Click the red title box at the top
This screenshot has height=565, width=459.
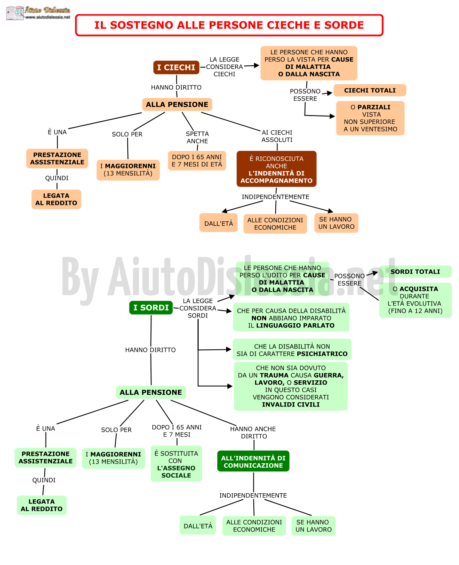[229, 25]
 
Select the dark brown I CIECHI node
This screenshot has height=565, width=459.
[176, 67]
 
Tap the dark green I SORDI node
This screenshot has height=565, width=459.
[151, 308]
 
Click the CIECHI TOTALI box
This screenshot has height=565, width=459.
[370, 91]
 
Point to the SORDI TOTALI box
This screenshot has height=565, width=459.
[415, 272]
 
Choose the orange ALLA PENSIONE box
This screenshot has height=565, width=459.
[177, 104]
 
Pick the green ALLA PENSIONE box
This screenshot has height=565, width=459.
[151, 392]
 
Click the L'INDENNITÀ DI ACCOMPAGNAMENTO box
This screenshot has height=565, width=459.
[277, 169]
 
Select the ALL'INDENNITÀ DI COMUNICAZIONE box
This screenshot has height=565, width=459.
[253, 461]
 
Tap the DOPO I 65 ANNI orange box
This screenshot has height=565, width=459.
[197, 161]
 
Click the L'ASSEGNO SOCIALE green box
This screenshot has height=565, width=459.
[176, 464]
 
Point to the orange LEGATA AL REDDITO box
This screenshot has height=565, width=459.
[56, 199]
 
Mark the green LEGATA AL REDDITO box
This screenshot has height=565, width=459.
[42, 505]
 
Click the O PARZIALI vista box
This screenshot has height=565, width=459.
[370, 118]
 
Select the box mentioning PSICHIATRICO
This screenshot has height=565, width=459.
[292, 350]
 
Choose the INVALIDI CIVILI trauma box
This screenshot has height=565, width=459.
[291, 386]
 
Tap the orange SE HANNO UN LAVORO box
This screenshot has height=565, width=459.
[336, 223]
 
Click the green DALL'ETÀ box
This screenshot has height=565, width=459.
[198, 526]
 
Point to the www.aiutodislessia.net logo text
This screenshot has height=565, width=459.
[48, 17]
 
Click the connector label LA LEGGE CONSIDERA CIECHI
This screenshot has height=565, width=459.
[225, 67]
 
